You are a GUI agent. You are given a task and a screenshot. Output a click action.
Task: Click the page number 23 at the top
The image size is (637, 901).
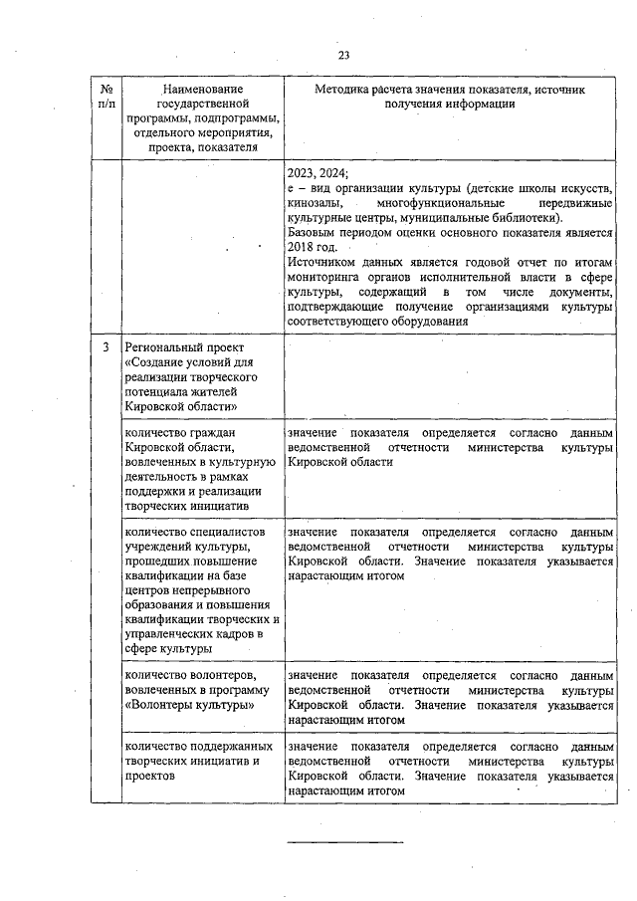343,55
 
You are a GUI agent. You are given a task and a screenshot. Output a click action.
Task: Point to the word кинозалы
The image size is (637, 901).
312,203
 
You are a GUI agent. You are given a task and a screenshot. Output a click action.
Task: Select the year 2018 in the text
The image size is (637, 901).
301,247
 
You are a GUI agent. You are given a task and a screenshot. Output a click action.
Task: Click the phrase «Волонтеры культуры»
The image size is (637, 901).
189,705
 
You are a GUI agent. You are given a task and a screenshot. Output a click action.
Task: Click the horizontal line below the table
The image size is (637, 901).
345,843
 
